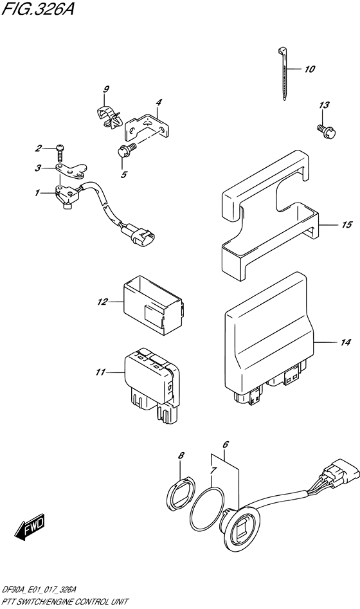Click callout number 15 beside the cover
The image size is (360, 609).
(x=346, y=225)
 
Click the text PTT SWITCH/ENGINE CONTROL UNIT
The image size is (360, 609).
(x=65, y=601)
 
